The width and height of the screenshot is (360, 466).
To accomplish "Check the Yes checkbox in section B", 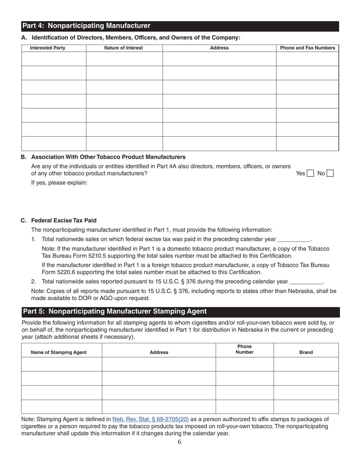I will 310,174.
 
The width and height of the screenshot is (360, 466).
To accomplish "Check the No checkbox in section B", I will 330,174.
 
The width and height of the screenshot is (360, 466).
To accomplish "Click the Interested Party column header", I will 48,48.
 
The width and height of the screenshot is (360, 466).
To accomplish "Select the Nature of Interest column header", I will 124,48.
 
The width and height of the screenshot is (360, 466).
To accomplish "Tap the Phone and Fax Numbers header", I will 307,48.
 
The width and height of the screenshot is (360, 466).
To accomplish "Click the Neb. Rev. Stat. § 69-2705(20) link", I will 150,419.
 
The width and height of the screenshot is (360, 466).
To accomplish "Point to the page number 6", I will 179,442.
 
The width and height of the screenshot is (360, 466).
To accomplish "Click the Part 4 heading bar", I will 180,26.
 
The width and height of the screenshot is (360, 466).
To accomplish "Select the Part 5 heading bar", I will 180,311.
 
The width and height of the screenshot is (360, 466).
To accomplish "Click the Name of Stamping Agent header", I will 58,352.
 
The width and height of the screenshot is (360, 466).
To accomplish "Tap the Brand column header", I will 306,352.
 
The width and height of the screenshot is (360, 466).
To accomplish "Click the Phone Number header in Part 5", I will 244,349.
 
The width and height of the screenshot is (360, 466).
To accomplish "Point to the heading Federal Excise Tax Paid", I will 64,220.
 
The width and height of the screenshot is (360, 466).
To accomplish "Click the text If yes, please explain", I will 59,183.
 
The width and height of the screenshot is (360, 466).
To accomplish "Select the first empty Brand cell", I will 306,364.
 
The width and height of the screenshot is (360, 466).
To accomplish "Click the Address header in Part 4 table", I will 219,48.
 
